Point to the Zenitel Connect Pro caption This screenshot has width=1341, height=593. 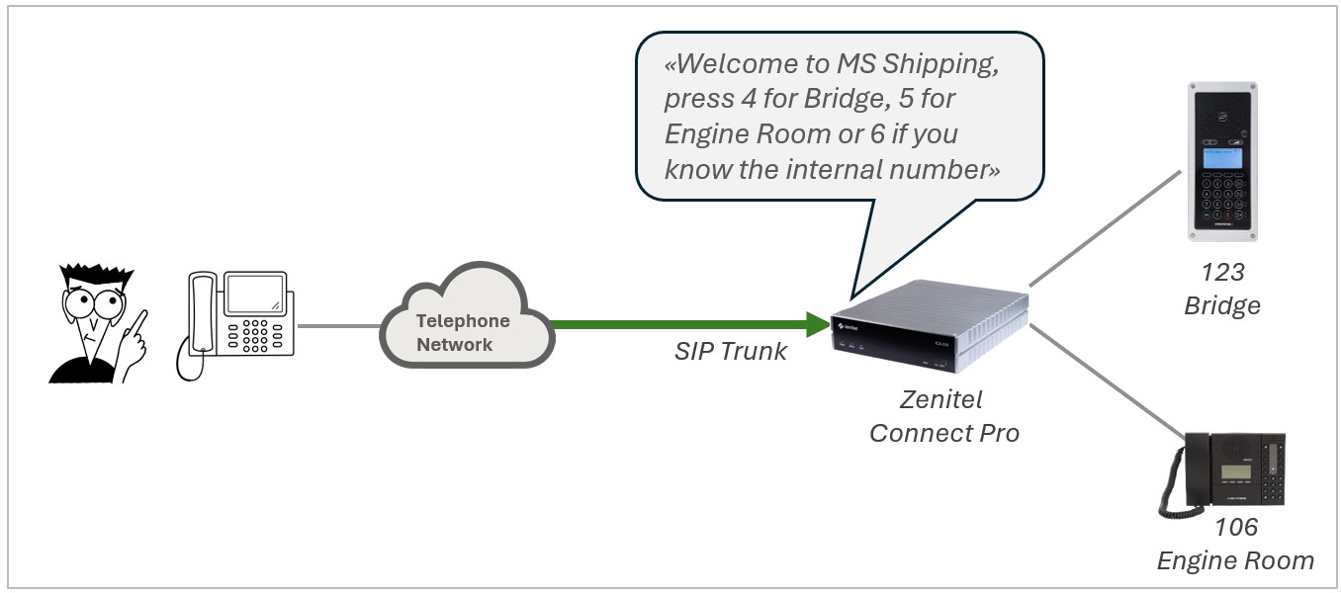[x=943, y=416]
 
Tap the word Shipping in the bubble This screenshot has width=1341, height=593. [x=939, y=65]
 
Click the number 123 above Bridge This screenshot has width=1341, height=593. [x=1222, y=272]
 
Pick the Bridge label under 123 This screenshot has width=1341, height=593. [x=1222, y=305]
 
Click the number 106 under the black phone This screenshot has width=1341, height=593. [x=1236, y=528]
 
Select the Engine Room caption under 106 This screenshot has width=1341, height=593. [x=1236, y=561]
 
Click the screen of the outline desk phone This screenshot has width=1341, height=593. [x=252, y=295]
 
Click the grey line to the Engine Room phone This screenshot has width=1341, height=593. [x=1108, y=381]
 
